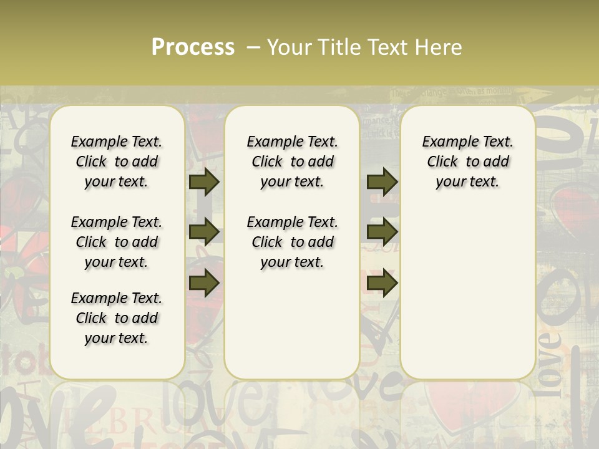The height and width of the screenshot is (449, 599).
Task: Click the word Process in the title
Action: [x=193, y=47]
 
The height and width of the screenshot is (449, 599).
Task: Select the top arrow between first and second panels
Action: [x=204, y=181]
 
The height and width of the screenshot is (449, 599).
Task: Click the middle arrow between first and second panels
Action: [x=204, y=231]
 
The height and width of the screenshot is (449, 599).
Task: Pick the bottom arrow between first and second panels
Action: [x=204, y=282]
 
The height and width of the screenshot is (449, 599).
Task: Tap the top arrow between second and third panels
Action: [x=382, y=181]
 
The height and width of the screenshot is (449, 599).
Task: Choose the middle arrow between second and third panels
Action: [x=382, y=231]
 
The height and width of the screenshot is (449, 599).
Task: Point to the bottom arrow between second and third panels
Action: [x=382, y=282]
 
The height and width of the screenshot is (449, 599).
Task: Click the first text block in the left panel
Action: [x=117, y=162]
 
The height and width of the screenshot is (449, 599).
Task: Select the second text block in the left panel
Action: [x=117, y=242]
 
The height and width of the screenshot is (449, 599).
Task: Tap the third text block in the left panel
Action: [x=117, y=318]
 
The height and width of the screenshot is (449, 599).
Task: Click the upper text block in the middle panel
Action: [x=292, y=162]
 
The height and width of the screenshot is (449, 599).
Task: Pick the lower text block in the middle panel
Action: [x=292, y=242]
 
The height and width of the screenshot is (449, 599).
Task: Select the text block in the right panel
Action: [x=467, y=162]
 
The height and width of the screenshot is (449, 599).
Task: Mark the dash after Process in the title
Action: [x=253, y=47]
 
